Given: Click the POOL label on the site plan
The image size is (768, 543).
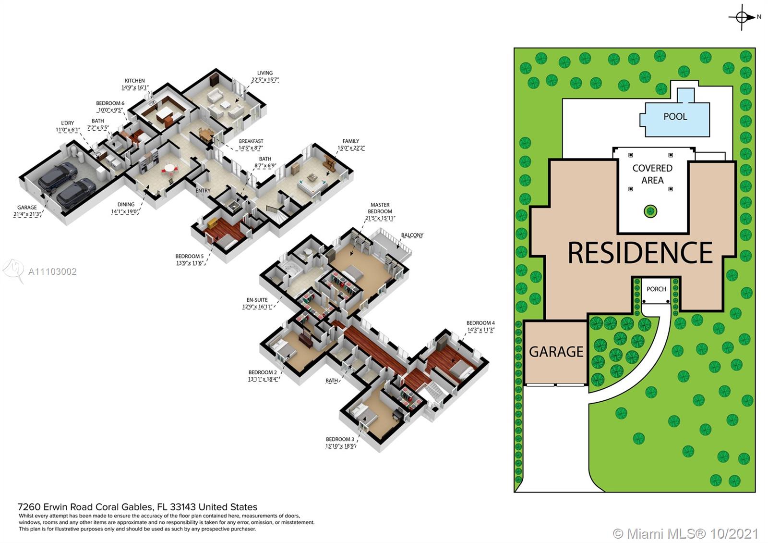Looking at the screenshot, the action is [675, 117].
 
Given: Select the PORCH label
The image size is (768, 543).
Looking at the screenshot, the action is [656, 289].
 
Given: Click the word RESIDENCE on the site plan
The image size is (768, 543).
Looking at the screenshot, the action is [640, 253].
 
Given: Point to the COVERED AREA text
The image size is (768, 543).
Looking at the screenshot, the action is [652, 174].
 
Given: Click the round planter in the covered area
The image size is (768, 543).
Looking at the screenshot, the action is [650, 211].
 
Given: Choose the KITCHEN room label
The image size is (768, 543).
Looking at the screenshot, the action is [134, 81].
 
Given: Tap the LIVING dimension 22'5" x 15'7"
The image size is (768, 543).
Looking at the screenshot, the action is [265, 80].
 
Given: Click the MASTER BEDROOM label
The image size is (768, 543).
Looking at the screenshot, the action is [380, 208].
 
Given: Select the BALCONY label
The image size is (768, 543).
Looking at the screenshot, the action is [412, 235].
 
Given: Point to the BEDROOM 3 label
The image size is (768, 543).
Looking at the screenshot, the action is [340, 439].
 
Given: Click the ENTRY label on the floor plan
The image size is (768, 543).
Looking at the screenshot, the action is [203, 190].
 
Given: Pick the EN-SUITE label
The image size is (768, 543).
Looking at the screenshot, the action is [257, 300].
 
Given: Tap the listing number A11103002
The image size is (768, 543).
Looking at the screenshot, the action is [52, 272].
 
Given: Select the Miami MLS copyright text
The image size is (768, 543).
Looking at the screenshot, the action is [685, 533].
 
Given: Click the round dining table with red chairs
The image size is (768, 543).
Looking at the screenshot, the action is [170, 169].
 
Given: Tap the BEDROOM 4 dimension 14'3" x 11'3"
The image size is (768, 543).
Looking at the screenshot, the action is [480, 330].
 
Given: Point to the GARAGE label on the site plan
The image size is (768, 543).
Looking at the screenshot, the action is [556, 352].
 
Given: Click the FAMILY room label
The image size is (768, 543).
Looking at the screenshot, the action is [351, 141].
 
